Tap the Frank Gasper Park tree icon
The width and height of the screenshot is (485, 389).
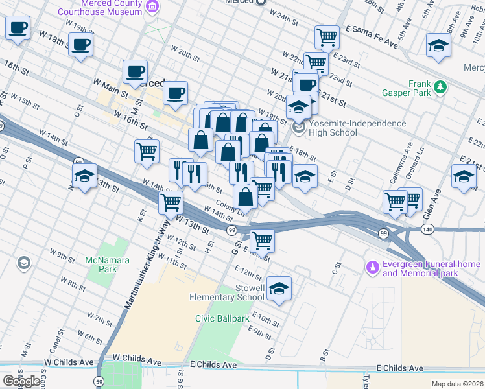pos(440,86)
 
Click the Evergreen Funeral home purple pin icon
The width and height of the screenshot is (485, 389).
pos(373,266)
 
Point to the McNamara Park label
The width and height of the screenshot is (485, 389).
pos(101,265)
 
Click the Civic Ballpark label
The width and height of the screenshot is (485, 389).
pos(222,318)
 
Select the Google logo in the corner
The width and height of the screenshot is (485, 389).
pos(21,381)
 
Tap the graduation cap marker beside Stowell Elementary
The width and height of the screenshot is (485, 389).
pos(279,289)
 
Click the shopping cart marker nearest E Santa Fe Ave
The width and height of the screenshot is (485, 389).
pos(327,37)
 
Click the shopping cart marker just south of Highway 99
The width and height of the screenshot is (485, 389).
pos(262,241)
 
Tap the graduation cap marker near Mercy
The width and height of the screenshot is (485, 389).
pos(438,46)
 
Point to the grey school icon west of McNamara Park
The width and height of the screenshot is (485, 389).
pos(24,263)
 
